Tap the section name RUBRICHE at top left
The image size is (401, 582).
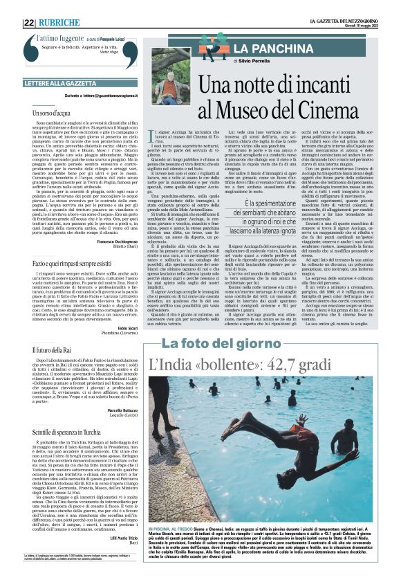click(60, 23)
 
